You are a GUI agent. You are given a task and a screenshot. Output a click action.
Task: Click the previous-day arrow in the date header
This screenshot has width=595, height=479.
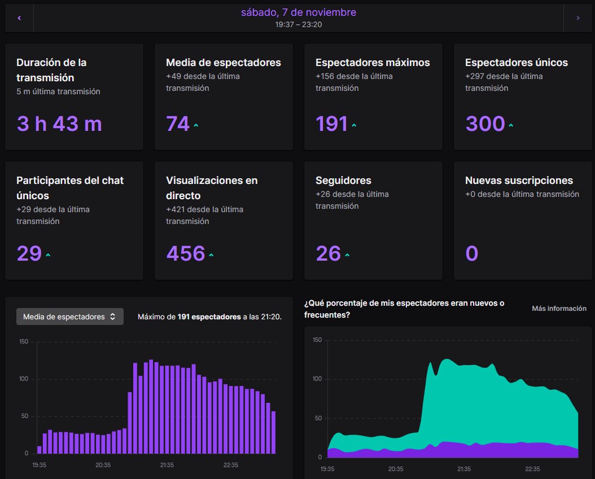coord(19,18)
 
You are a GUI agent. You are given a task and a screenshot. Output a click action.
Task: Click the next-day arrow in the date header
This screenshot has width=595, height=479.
coord(578,18)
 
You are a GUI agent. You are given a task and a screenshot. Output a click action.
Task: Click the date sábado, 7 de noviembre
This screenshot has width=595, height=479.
coord(298,12)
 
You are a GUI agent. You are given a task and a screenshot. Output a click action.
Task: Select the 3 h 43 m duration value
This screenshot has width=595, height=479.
coord(59,124)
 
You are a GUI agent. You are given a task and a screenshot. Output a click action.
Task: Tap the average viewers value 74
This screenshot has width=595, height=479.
coord(178,124)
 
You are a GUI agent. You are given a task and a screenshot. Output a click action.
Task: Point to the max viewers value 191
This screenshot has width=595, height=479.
coord(331,124)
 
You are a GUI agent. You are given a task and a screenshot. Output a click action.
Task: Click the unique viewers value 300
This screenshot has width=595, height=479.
coord(485,124)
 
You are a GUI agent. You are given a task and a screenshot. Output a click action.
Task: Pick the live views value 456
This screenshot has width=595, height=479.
coord(185,253)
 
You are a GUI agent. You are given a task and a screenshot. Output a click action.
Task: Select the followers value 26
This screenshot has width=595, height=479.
coord(328,253)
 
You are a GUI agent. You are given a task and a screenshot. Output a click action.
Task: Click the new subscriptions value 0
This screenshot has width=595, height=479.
coord(471,253)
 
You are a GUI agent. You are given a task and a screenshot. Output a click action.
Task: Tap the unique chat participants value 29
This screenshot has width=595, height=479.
coord(29,253)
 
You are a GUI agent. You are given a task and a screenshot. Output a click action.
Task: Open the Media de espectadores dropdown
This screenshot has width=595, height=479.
coord(70,317)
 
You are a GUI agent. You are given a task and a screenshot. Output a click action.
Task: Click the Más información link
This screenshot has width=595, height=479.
coord(559,309)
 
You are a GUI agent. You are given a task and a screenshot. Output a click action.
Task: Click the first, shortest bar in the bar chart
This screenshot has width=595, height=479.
coord(39,450)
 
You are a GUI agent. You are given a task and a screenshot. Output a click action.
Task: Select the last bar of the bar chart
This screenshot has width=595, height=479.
coord(274,433)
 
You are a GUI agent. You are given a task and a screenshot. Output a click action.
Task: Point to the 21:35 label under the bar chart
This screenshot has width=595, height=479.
coord(167,465)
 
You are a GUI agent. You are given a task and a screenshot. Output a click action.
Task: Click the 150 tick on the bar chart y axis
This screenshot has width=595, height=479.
coord(23,341)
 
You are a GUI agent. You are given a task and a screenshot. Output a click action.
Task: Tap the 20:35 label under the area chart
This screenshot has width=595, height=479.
coord(395,469)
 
